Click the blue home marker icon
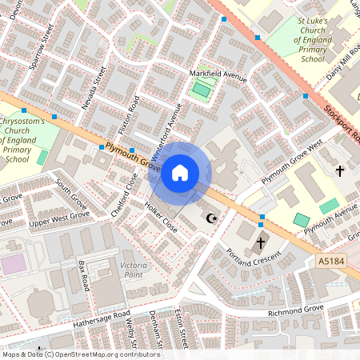coord(180,172)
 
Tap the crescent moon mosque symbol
coord(212,218)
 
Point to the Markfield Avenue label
coord(218,75)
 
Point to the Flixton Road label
coord(135,115)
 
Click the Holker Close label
coord(161,217)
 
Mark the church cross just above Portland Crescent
coord(260,242)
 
